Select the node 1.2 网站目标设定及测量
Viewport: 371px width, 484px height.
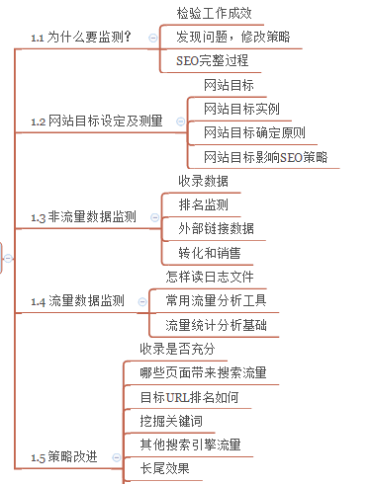pyautogui.click(x=96, y=121)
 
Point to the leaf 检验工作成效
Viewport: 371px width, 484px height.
pyautogui.click(x=214, y=14)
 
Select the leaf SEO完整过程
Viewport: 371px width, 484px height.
pyautogui.click(x=212, y=60)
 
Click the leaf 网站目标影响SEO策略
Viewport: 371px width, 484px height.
pyautogui.click(x=265, y=157)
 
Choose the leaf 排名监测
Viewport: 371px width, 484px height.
pyautogui.click(x=203, y=204)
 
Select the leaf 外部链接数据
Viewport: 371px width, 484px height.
pyautogui.click(x=216, y=229)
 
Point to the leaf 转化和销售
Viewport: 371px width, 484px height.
pyautogui.click(x=209, y=253)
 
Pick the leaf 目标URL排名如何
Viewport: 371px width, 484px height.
pyautogui.click(x=189, y=397)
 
